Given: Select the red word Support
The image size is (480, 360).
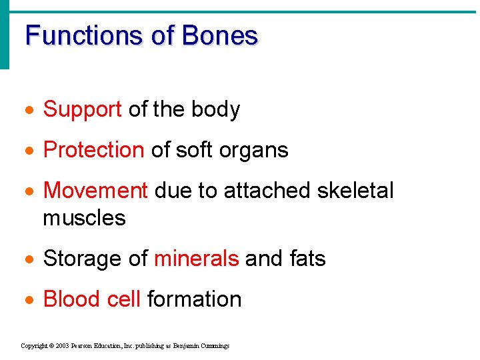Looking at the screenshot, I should coord(82,110).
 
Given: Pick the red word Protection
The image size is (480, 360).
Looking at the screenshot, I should coord(93,151).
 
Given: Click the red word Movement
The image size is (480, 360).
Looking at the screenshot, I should coord(95,191).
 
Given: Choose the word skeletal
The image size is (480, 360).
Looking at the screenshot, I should coord(355,191).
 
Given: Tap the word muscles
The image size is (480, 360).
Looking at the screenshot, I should coord(84,218).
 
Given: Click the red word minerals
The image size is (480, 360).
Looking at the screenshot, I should coord(196,258).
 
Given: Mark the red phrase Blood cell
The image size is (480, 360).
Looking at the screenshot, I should coord(91,299).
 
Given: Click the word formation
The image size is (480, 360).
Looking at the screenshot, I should coord(194,299).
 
